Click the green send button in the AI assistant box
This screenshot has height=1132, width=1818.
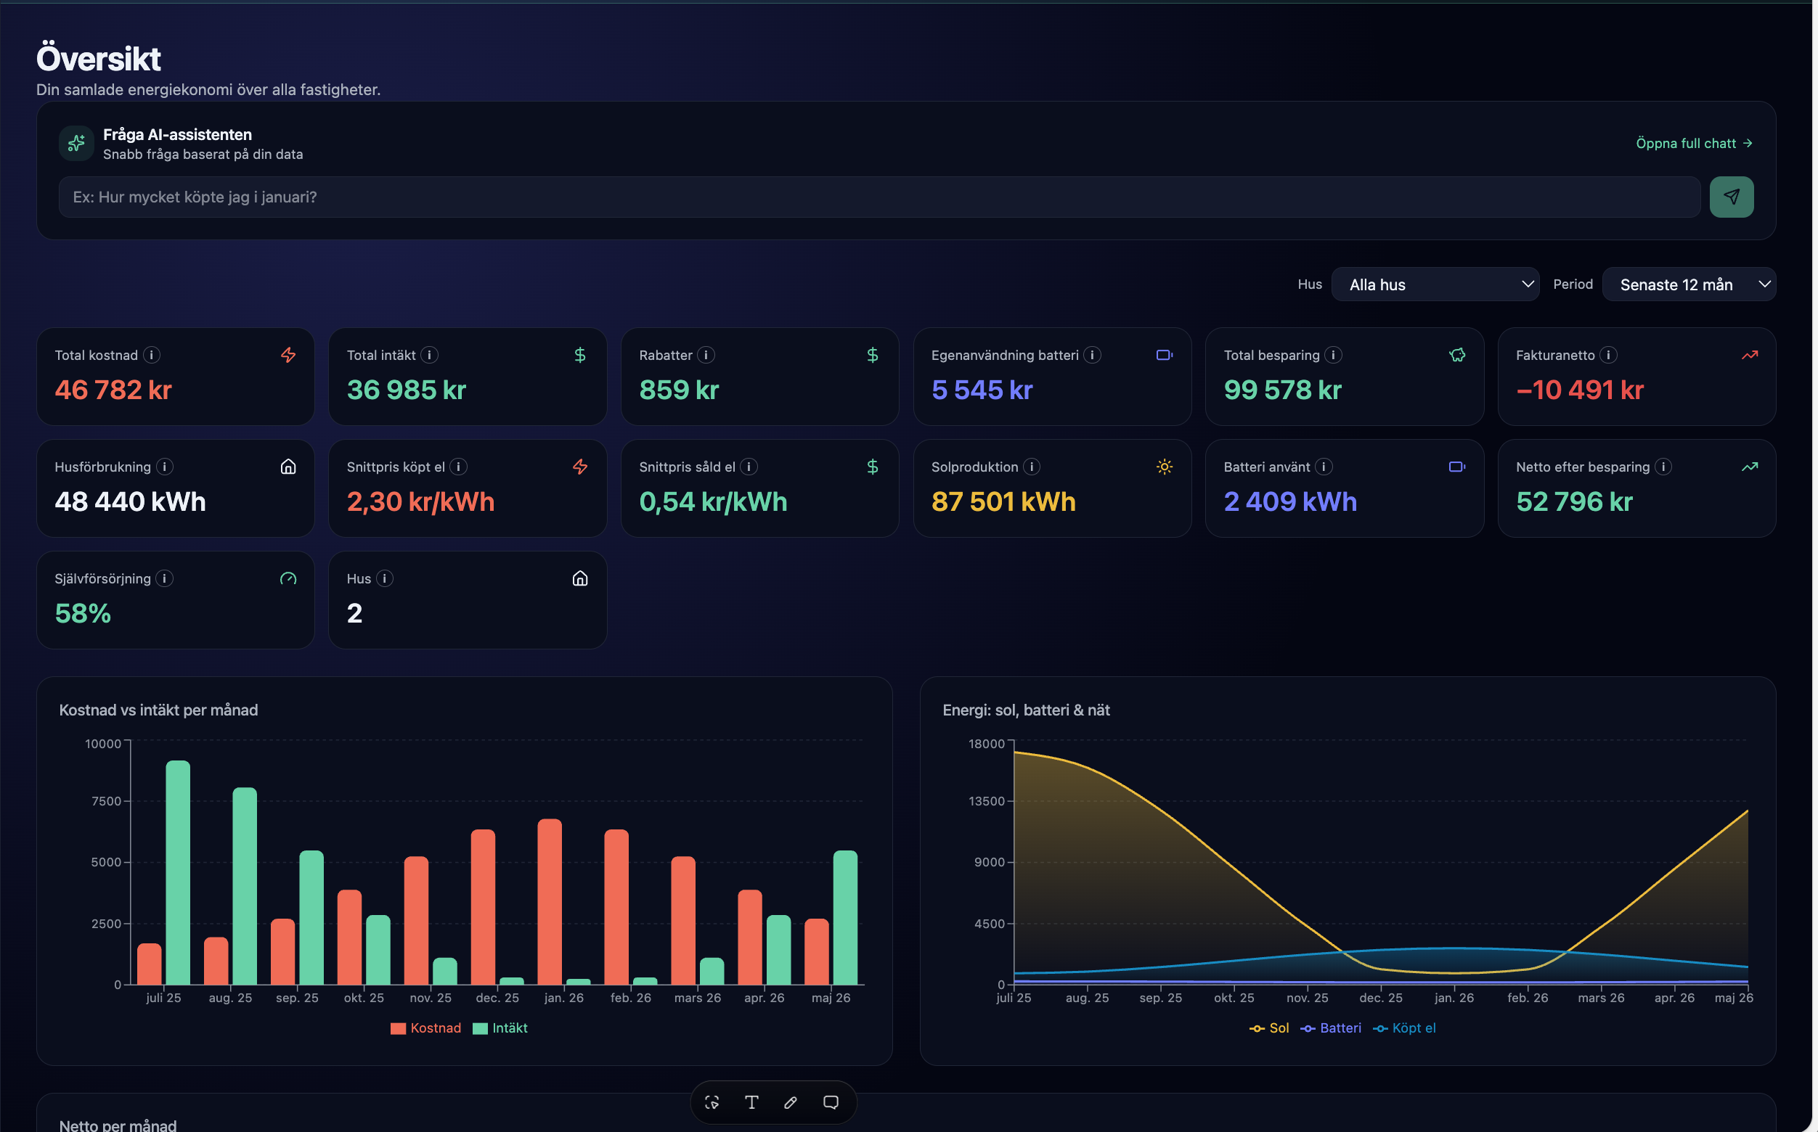1730,197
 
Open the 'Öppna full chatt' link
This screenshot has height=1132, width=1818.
1694,143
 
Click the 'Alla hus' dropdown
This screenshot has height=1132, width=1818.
1435,284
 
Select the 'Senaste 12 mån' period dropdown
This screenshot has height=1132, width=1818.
1689,284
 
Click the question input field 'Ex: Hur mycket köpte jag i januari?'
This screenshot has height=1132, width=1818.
879,197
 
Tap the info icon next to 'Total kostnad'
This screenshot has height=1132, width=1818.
152,355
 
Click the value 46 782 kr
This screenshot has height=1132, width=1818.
113,390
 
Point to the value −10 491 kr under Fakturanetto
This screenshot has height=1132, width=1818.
1579,390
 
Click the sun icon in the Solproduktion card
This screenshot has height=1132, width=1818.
1164,467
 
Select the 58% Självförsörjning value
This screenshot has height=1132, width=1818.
82,613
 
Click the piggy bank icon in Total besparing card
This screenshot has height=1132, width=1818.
1456,355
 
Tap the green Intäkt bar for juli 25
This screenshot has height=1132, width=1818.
178,872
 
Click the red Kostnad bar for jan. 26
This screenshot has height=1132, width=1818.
549,901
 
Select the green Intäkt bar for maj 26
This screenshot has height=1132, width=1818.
845,917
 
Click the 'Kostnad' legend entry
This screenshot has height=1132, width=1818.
425,1028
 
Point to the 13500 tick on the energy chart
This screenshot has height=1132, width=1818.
986,801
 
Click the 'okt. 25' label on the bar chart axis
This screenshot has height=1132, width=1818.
363,998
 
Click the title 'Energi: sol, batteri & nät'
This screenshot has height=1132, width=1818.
1025,710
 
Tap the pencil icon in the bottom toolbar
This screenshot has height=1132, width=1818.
790,1102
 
